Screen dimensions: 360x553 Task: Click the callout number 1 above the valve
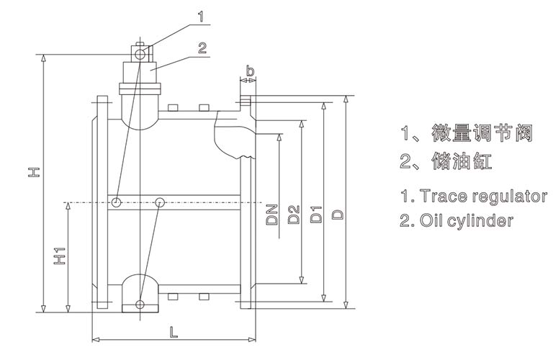[x=202, y=14]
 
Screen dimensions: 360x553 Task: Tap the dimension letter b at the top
[x=249, y=71]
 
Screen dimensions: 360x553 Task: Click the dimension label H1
[x=60, y=256]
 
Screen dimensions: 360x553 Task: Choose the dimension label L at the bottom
[x=173, y=332]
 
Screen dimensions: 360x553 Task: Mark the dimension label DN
[x=271, y=214]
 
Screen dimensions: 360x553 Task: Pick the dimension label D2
[x=292, y=214]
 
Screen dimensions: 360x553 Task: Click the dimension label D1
[x=315, y=214]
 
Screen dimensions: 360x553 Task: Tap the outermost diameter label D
[x=336, y=214]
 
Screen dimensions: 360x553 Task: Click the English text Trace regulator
[x=473, y=196]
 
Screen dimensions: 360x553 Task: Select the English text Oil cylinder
[x=457, y=220]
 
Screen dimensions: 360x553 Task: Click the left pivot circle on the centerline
[x=115, y=202]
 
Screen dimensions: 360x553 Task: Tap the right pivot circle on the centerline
[x=160, y=202]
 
